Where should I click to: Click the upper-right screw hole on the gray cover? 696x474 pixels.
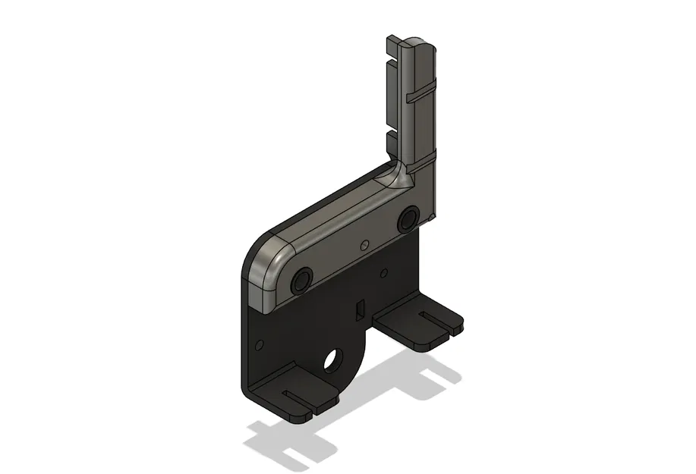pos(408,219)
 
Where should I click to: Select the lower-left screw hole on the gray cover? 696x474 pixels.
pos(302,280)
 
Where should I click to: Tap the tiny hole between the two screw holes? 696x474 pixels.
pos(364,244)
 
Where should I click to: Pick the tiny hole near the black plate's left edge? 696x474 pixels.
pos(260,344)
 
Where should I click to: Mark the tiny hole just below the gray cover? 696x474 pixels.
pos(384,272)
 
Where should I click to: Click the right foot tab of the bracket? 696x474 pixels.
pos(421,326)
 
